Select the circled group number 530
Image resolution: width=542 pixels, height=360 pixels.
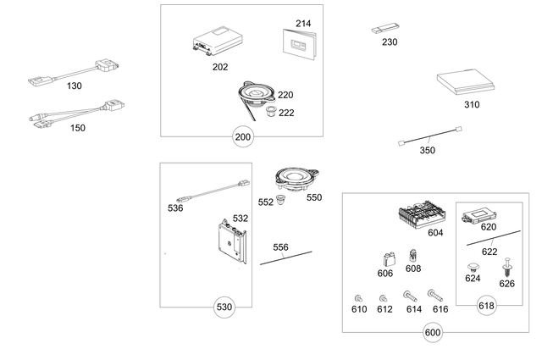[224, 305]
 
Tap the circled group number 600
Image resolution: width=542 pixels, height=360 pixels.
[432, 333]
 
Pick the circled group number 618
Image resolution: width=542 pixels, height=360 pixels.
[486, 307]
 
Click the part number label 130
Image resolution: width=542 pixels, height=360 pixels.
[75, 86]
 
